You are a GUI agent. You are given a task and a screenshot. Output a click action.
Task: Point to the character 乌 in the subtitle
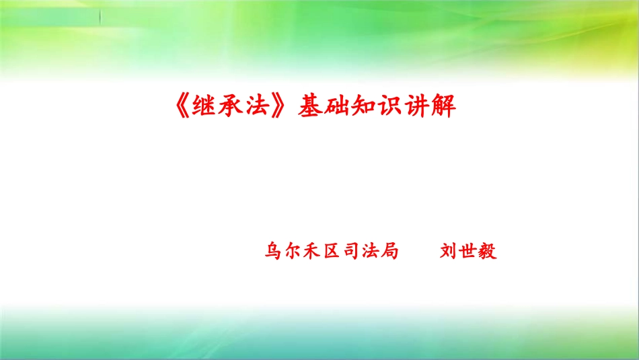click(274, 252)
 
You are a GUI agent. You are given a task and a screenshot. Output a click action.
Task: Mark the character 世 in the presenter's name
click(468, 252)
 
